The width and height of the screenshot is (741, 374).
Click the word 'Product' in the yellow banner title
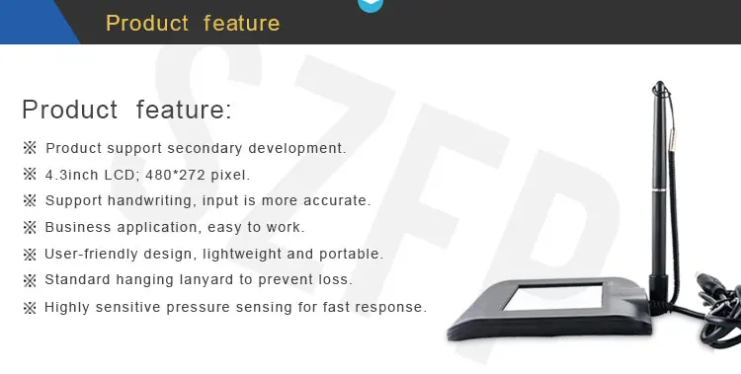tap(146, 23)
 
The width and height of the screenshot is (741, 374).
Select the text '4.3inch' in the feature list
tap(69, 175)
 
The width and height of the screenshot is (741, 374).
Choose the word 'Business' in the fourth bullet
tap(75, 228)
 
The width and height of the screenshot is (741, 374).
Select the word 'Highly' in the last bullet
tap(67, 307)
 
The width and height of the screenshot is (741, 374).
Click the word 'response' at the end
tap(394, 307)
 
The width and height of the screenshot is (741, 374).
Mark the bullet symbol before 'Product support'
tap(30, 148)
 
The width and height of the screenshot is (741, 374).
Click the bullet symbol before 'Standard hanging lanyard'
tap(30, 280)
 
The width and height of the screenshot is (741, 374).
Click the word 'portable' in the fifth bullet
tap(355, 255)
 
